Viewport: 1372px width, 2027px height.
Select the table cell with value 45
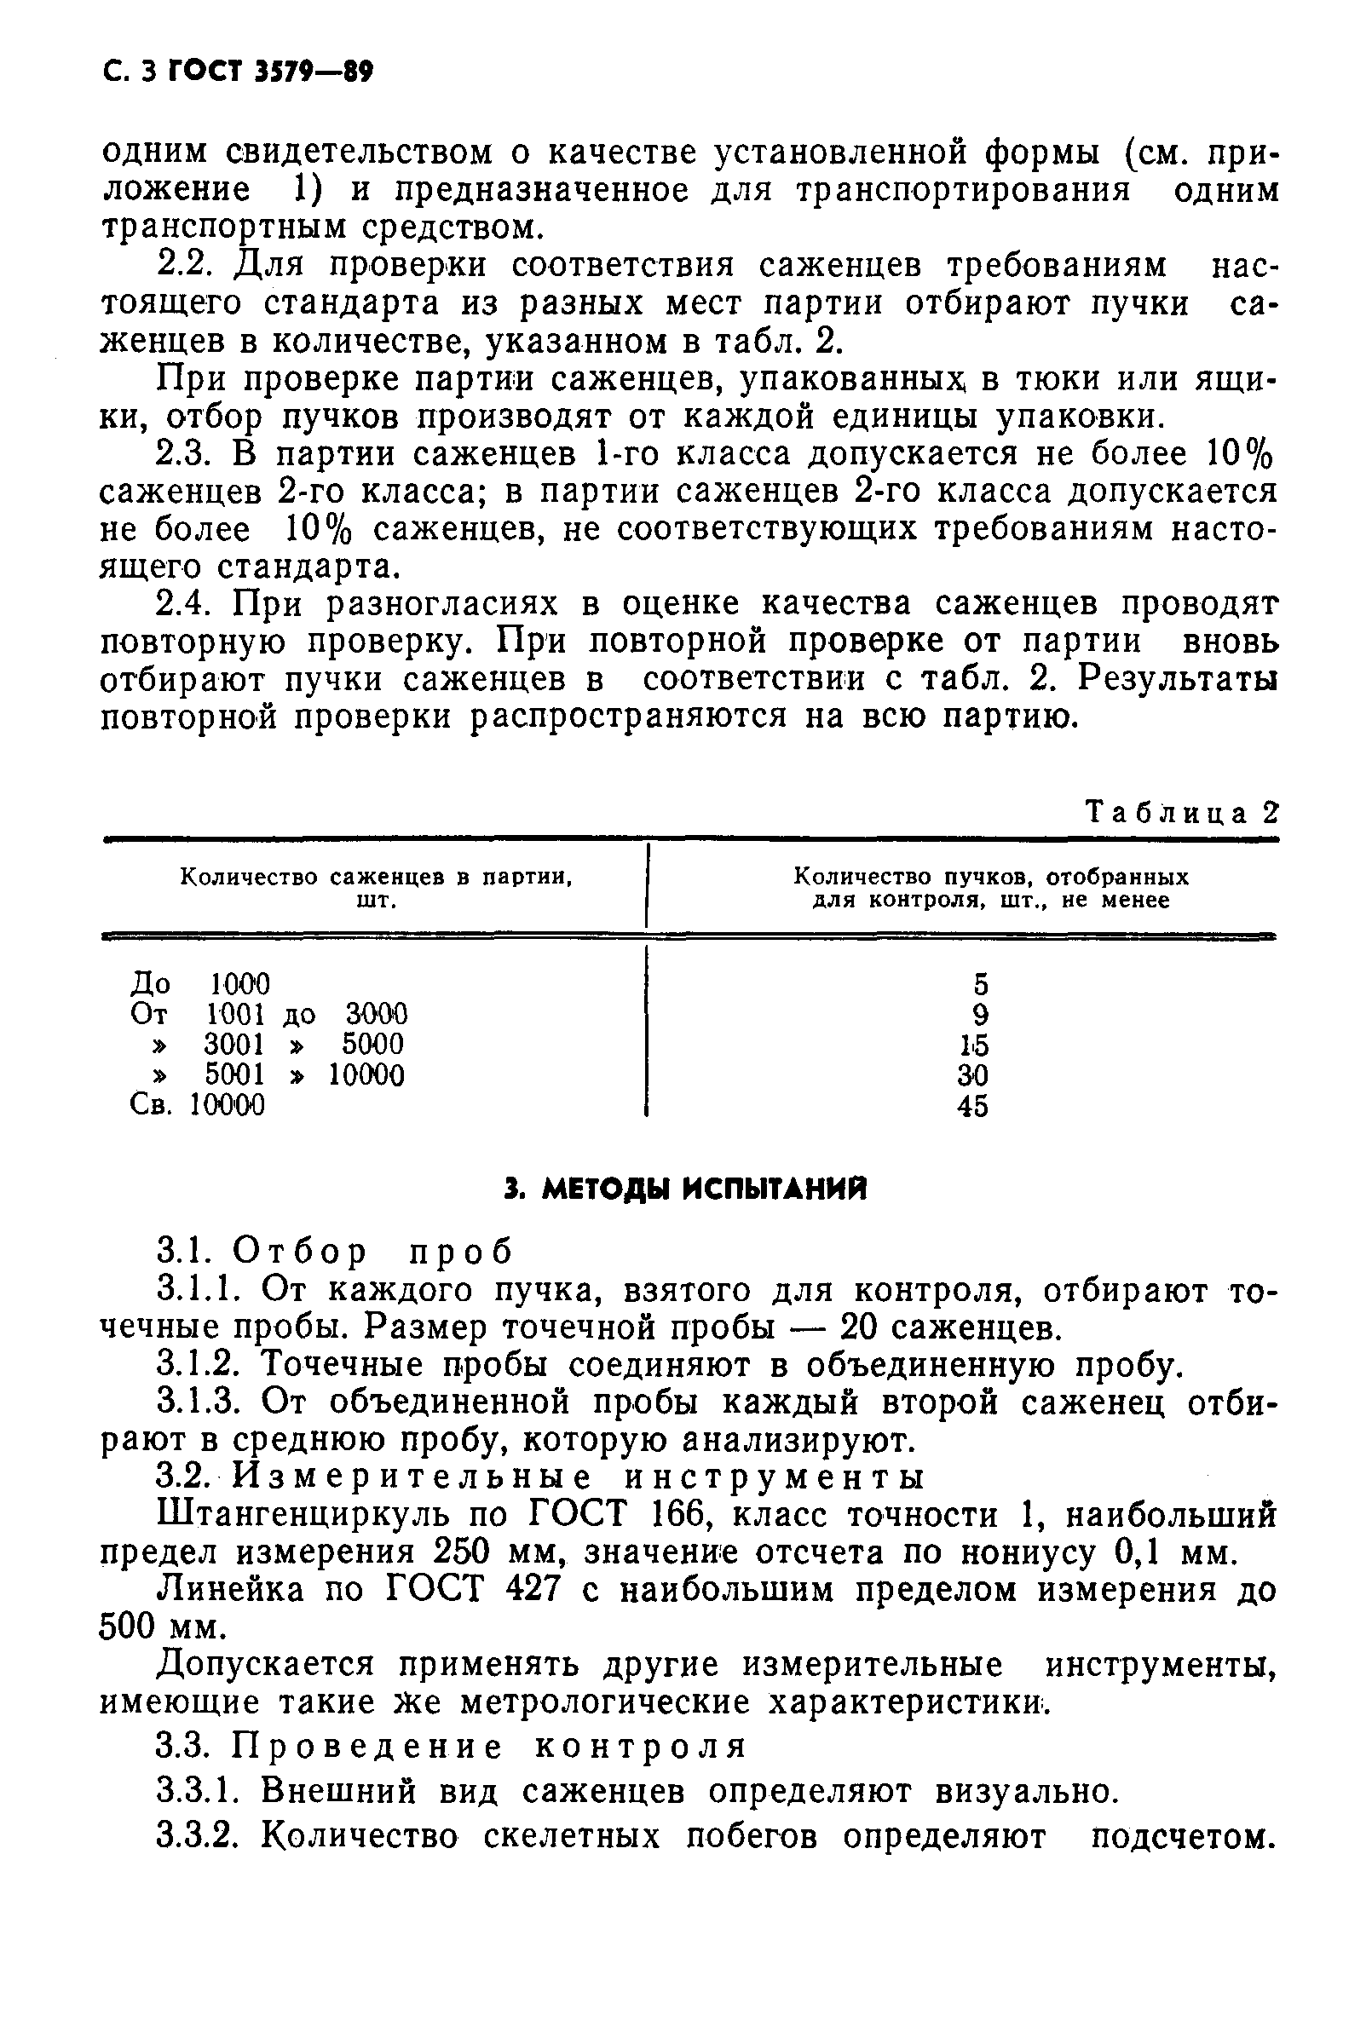click(x=972, y=1106)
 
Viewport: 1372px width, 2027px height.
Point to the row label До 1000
click(x=199, y=984)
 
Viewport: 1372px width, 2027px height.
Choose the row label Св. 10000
click(x=197, y=1105)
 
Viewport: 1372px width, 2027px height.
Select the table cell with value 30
click(x=972, y=1075)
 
